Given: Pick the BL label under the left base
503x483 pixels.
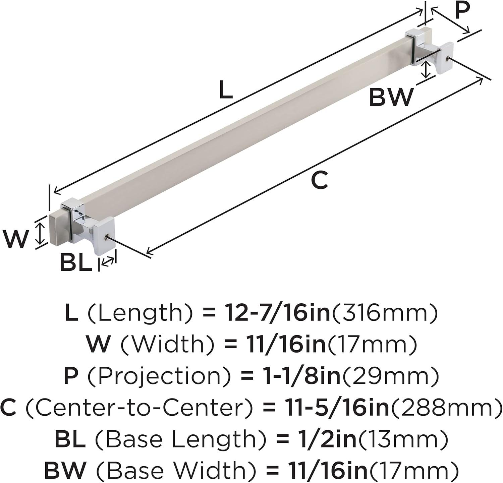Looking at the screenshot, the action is point(76,263).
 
